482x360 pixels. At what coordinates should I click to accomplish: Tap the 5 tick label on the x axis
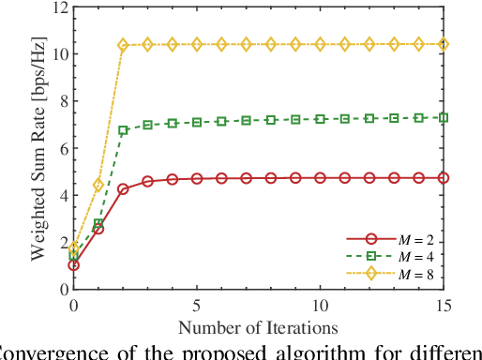[196, 306]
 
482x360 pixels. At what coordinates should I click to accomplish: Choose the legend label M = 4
[408, 256]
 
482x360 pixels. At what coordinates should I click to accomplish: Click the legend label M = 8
[408, 273]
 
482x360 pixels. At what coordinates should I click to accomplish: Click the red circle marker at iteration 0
[74, 265]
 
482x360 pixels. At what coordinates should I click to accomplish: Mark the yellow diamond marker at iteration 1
[98, 186]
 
